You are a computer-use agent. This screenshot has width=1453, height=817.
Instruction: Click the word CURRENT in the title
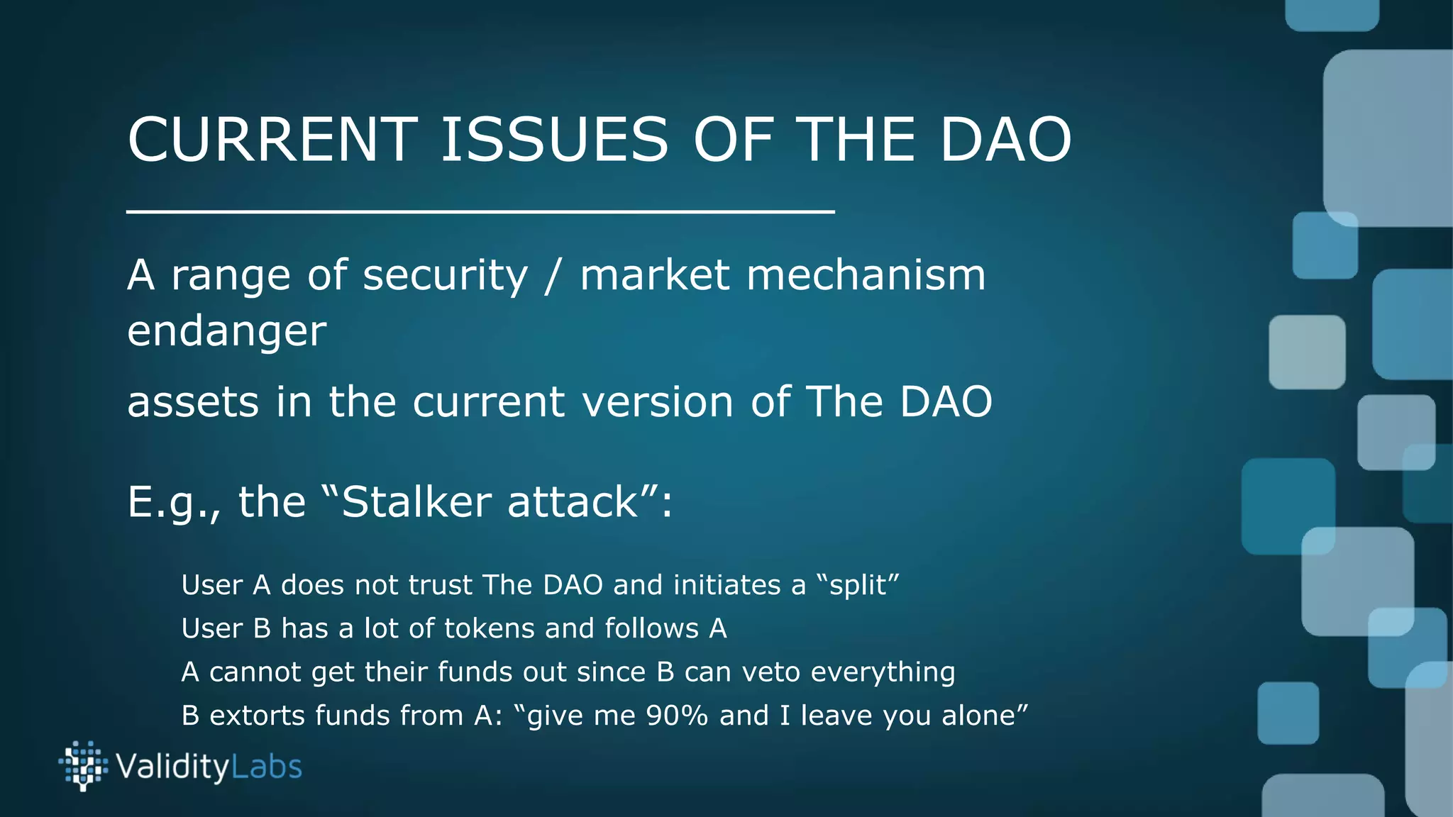pyautogui.click(x=272, y=140)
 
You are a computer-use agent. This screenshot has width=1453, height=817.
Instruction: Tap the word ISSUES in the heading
pyautogui.click(x=554, y=140)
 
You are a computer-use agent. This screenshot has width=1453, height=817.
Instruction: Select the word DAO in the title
pyautogui.click(x=1005, y=140)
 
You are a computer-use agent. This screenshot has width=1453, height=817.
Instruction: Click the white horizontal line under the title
pyautogui.click(x=480, y=211)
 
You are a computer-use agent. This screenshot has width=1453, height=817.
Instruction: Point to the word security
pyautogui.click(x=446, y=276)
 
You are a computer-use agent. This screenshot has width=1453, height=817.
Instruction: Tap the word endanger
pyautogui.click(x=226, y=331)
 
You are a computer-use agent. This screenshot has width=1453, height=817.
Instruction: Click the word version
pyautogui.click(x=658, y=402)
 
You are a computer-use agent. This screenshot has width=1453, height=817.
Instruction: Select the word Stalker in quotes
pyautogui.click(x=416, y=502)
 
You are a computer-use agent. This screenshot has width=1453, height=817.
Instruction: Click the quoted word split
pyautogui.click(x=858, y=586)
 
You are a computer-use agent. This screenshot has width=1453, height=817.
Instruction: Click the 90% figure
pyautogui.click(x=677, y=716)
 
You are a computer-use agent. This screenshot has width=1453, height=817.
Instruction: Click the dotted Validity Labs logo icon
pyautogui.click(x=83, y=766)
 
